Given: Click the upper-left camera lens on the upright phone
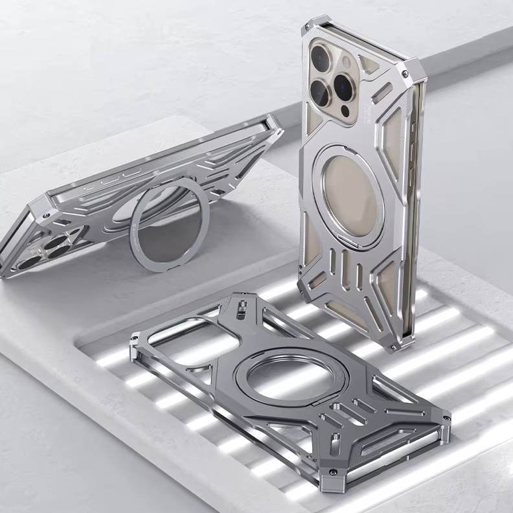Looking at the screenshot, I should (x=322, y=57).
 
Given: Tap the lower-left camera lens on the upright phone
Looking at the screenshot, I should (x=320, y=93).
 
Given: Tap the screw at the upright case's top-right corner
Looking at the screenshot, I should (x=406, y=74).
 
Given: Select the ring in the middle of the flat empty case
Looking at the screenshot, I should (x=291, y=378).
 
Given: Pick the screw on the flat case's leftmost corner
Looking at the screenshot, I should (x=135, y=338).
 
